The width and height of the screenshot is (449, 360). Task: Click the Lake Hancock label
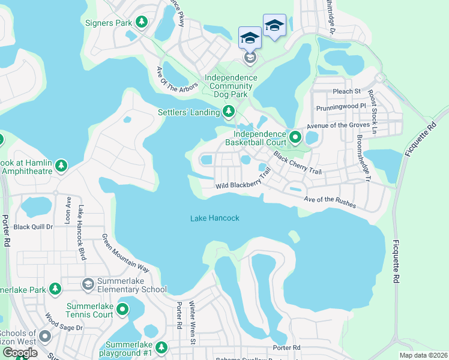[215, 218]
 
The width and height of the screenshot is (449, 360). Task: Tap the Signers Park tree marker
[142, 23]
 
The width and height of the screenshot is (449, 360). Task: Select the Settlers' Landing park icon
[228, 111]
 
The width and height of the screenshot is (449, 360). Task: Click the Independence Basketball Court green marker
[295, 137]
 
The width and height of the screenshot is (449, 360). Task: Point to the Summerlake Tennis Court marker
[122, 310]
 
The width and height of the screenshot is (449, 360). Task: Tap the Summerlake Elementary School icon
[88, 283]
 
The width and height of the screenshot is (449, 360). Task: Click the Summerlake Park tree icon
[55, 289]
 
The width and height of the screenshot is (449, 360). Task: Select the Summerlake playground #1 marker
[161, 347]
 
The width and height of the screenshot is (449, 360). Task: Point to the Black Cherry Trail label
[297, 163]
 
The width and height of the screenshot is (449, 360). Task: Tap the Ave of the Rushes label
[330, 202]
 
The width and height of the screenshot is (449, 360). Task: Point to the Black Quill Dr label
[34, 227]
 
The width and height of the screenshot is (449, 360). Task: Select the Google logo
[20, 353]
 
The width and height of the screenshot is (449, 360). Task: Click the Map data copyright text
[423, 355]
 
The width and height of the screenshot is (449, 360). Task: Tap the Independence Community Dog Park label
[231, 86]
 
